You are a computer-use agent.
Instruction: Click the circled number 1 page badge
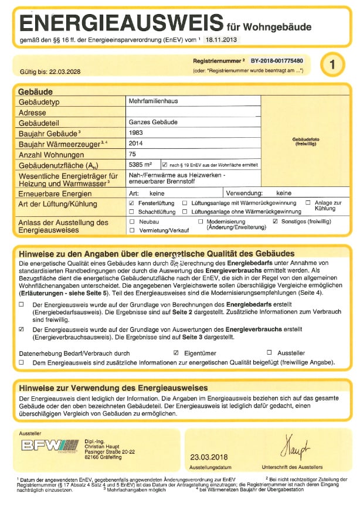pyautogui.click(x=332, y=64)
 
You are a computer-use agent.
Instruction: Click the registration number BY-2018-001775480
pyautogui.click(x=277, y=60)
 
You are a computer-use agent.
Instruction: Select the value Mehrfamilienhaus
pyautogui.click(x=153, y=101)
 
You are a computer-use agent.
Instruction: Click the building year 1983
pyautogui.click(x=135, y=132)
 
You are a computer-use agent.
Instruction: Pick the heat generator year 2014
pyautogui.click(x=135, y=143)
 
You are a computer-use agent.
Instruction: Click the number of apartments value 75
pyautogui.click(x=132, y=154)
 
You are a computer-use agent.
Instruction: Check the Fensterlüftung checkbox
pyautogui.click(x=131, y=202)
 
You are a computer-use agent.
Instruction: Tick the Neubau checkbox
pyautogui.click(x=132, y=222)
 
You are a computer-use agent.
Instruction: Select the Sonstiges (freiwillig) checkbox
pyautogui.click(x=276, y=222)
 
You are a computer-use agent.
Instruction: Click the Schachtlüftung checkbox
pyautogui.click(x=132, y=211)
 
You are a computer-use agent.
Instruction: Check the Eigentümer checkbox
pyautogui.click(x=176, y=353)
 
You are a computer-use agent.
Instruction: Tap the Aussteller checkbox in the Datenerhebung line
pyautogui.click(x=269, y=353)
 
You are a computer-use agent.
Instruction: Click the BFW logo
pyautogui.click(x=49, y=445)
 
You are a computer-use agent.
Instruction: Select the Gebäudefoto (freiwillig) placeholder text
pyautogui.click(x=305, y=141)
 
